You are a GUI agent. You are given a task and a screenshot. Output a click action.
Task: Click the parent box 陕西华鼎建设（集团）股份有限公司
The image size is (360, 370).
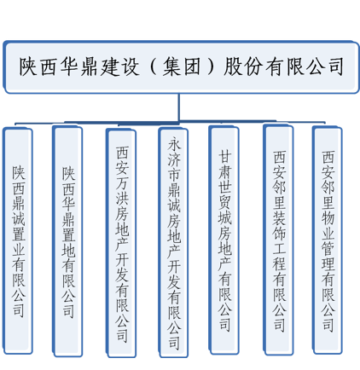coord(181,67)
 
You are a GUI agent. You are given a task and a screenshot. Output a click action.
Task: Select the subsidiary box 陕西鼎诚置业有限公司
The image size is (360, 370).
coord(18,241)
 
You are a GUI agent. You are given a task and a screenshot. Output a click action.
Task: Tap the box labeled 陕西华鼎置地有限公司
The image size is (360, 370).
coord(67,241)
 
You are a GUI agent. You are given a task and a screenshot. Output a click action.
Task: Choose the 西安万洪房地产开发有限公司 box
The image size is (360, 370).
coord(121,243)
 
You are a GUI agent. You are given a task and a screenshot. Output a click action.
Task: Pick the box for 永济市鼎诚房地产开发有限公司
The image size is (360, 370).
coord(173,242)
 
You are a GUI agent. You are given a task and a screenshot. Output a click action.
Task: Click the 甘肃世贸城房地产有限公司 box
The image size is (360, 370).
coord(224,240)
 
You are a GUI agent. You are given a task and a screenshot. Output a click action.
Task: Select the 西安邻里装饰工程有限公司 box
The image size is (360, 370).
coord(278,240)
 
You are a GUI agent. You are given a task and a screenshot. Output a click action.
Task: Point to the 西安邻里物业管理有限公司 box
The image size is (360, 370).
coord(328,240)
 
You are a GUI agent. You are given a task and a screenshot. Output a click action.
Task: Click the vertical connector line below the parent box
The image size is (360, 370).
coord(179,107)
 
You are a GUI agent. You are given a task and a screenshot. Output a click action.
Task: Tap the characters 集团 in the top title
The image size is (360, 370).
coord(181,66)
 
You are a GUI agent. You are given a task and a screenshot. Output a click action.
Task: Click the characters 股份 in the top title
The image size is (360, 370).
coord(243,66)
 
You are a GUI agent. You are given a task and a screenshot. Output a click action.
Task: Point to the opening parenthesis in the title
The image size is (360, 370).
coord(153,66)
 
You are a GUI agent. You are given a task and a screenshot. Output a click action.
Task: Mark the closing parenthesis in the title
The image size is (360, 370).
coord(211,66)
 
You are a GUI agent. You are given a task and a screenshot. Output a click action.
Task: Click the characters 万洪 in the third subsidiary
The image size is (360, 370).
coord(122,191)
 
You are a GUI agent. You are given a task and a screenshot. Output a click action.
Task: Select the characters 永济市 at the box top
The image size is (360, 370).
coord(174,159)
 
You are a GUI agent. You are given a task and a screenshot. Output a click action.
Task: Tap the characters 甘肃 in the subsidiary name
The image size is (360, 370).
coord(224,165)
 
